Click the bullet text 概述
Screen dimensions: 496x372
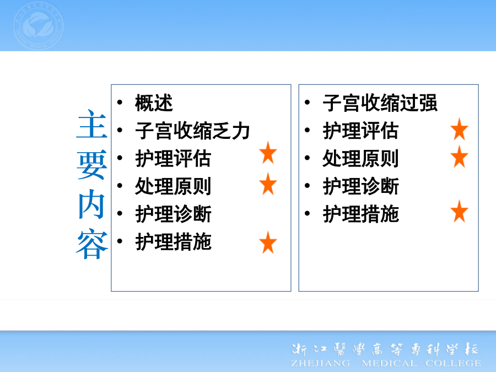154,103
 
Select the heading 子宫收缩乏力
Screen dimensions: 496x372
193,131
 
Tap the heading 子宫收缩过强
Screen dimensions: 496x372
380,103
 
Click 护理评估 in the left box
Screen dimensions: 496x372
174,159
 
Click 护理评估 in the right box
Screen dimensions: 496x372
361,131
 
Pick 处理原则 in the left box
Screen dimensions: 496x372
174,186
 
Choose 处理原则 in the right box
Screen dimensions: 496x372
361,159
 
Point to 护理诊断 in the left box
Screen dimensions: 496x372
174,214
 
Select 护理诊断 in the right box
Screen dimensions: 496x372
361,186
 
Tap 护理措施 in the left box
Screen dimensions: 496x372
174,242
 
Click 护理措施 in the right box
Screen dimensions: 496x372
361,214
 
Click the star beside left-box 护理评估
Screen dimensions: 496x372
268,153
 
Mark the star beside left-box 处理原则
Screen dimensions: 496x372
268,184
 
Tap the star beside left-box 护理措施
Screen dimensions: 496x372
268,242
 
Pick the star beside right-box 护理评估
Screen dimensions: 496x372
459,130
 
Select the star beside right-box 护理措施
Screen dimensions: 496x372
459,211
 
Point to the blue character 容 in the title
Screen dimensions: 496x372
92,244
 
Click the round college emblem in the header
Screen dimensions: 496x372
39,25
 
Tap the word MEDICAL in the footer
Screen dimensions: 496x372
389,363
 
